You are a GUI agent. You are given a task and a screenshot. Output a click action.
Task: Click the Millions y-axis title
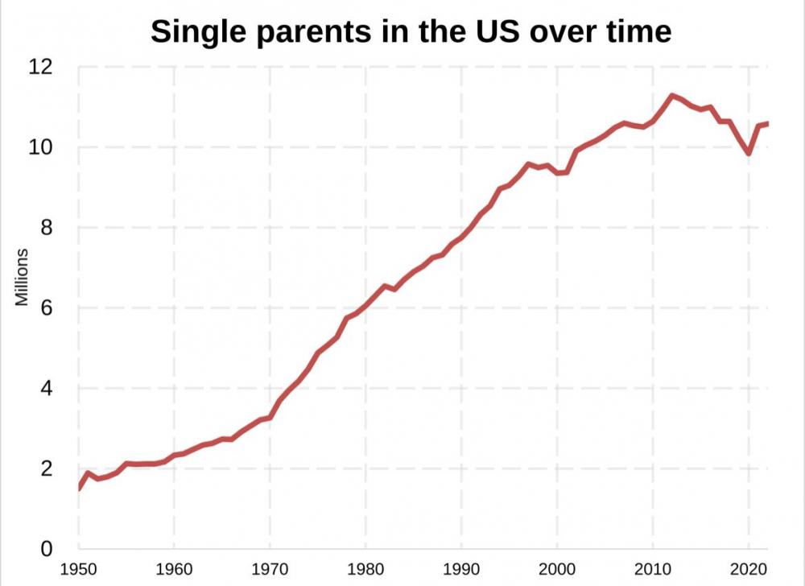coord(22,277)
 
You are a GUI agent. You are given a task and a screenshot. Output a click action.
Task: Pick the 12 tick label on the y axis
coord(40,68)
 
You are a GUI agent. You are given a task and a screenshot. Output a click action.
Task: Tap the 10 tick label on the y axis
coord(40,147)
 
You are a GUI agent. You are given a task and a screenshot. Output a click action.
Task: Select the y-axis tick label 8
coord(47,227)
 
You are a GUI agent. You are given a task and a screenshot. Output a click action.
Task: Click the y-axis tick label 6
coord(47,307)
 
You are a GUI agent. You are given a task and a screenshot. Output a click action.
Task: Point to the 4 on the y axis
coord(47,388)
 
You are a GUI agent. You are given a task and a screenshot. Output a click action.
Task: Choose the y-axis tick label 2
coord(47,468)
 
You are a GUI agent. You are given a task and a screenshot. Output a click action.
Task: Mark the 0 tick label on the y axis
coord(47,548)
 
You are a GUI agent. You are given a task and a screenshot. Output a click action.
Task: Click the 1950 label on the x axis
coord(79,569)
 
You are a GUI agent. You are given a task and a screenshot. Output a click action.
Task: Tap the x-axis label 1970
coord(270,569)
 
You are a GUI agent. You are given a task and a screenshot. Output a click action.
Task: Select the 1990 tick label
coord(461,569)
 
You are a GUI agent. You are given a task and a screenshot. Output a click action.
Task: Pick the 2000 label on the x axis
coord(557,569)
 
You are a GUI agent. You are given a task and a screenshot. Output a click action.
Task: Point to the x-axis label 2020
coord(749,569)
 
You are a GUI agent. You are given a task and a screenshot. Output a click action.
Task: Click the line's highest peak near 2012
coord(672,96)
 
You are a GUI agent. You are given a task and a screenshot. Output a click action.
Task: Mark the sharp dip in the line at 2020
coord(749,152)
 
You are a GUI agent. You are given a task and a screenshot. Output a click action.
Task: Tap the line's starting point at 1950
coord(79,488)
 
